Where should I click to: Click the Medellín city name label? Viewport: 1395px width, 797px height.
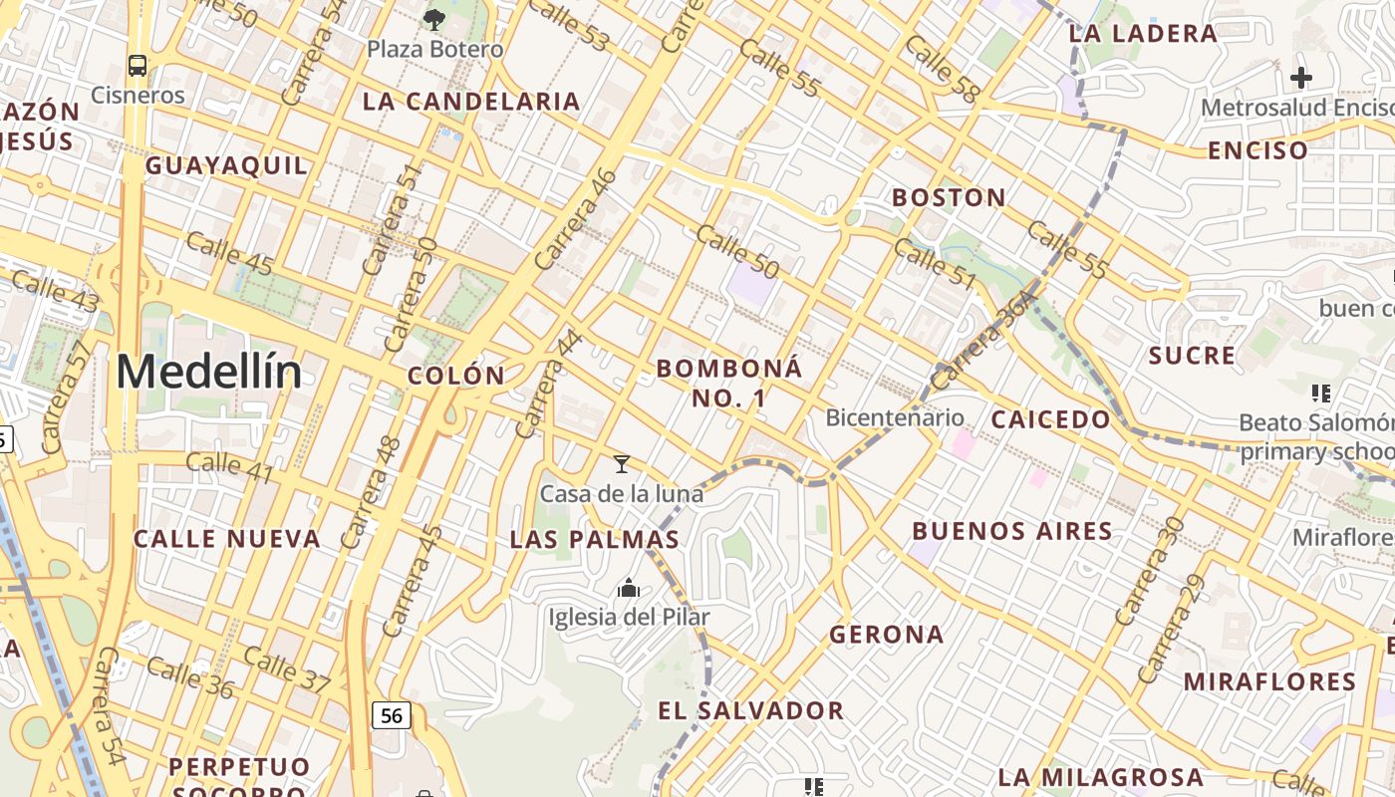pos(208,373)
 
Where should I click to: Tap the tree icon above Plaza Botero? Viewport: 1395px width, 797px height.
pos(434,18)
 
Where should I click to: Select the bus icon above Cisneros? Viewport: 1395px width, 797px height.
pos(138,66)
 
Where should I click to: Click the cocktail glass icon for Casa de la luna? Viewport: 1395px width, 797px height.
pos(622,463)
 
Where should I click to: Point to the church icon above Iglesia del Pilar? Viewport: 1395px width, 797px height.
pos(629,588)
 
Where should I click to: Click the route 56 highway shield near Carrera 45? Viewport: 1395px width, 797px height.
pos(392,715)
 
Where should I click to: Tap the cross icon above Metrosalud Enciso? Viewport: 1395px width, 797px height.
pos(1300,77)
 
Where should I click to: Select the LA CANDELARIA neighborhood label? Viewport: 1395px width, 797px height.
pos(471,101)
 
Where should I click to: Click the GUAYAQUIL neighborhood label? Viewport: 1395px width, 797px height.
pos(227,165)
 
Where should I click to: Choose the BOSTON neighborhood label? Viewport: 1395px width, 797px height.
pos(949,197)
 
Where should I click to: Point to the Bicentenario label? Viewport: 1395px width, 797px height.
pos(895,417)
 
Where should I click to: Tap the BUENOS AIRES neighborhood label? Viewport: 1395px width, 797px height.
pos(1012,531)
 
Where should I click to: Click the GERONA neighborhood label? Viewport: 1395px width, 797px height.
pos(886,634)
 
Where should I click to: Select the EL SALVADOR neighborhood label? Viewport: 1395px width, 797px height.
pos(751,710)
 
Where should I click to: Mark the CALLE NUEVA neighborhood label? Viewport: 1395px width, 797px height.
pos(227,539)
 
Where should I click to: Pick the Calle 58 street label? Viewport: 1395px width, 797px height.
pos(943,69)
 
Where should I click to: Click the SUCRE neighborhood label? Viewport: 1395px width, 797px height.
pos(1192,356)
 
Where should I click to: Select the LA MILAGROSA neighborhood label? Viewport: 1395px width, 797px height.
pos(1100,777)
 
